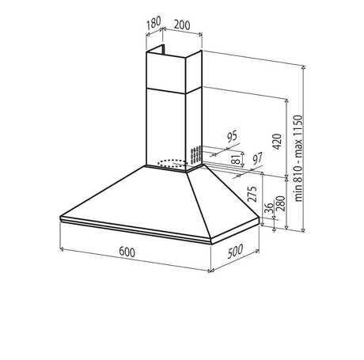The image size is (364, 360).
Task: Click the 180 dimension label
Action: (154, 23)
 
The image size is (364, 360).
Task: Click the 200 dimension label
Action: (182, 25)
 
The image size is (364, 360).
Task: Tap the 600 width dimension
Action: (127, 252)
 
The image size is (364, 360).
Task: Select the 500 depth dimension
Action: (235, 251)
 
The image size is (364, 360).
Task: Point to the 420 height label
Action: (277, 142)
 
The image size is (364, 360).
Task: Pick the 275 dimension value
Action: (252, 194)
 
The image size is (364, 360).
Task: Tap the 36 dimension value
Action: (268, 208)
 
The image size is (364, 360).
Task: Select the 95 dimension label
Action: (232, 136)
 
